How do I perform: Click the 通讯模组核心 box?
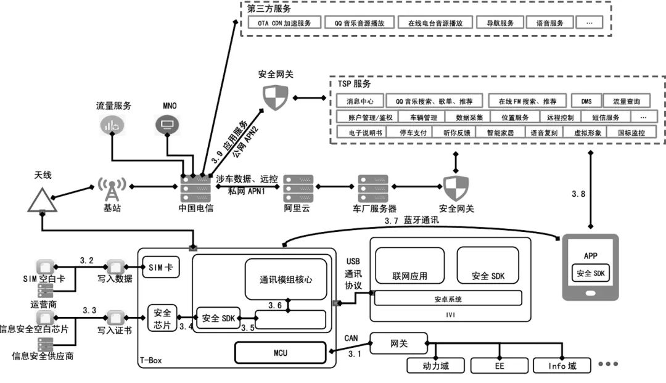click(x=286, y=279)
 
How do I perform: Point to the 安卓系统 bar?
click(x=448, y=299)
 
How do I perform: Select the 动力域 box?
click(x=436, y=366)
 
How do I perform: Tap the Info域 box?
click(x=562, y=366)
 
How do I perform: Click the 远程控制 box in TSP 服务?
click(x=560, y=117)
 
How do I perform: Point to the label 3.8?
click(x=578, y=194)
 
